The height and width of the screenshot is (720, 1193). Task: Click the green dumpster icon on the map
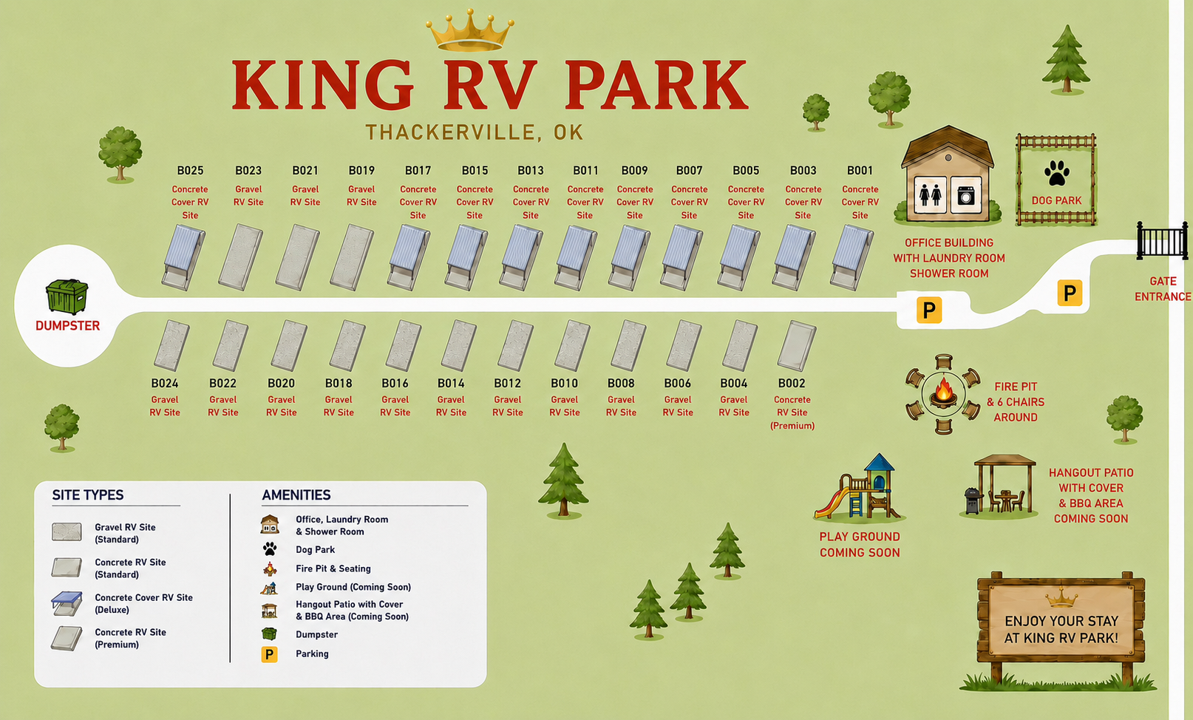tap(67, 296)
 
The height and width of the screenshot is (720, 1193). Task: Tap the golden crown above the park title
tap(470, 30)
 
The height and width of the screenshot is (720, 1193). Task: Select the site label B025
tap(190, 171)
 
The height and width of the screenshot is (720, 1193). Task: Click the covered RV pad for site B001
tap(851, 257)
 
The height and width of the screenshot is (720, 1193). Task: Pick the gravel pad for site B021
tap(297, 257)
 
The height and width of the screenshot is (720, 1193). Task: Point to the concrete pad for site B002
tap(796, 345)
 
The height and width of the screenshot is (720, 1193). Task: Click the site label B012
tap(507, 384)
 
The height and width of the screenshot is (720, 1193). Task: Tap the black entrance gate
tap(1162, 241)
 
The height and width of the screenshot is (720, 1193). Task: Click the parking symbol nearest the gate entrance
tap(1070, 293)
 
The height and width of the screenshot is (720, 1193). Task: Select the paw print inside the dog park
tap(1057, 173)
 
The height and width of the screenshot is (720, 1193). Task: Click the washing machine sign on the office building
tap(965, 195)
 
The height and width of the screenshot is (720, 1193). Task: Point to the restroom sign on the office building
tap(930, 195)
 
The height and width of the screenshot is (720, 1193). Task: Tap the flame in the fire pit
tap(943, 390)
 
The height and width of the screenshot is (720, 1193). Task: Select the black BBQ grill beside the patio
tap(973, 500)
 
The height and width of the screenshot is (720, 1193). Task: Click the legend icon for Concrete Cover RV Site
tap(67, 603)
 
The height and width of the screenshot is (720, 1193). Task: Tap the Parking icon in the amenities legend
tap(269, 654)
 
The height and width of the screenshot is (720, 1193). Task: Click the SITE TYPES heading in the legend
tap(88, 495)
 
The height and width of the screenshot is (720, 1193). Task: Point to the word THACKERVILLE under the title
tap(450, 132)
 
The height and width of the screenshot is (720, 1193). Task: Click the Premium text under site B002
tap(792, 426)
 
